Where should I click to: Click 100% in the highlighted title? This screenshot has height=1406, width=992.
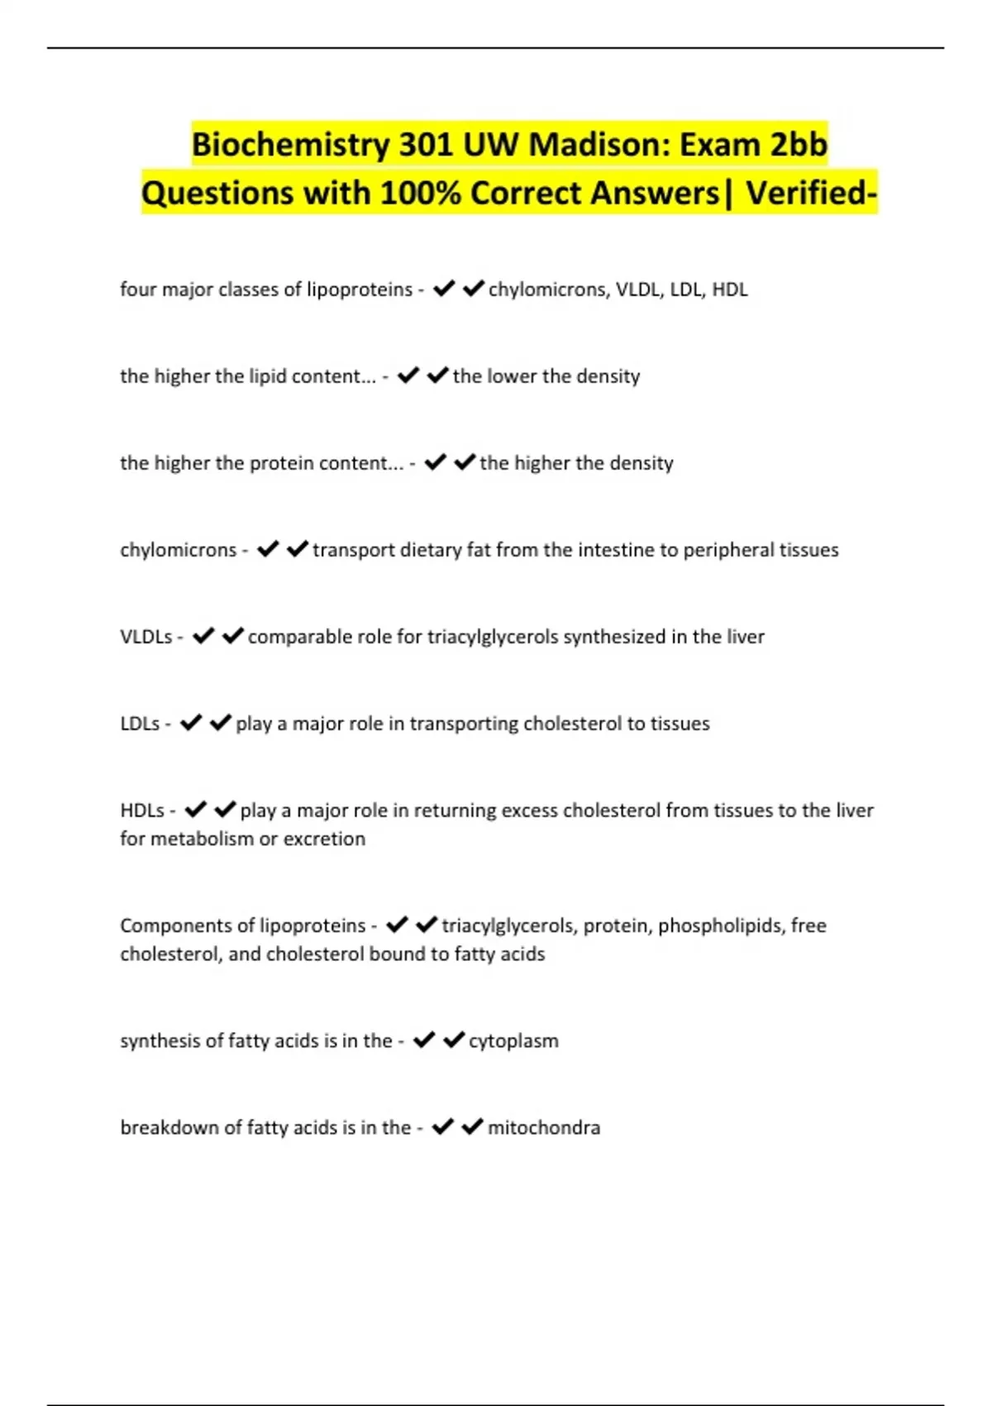(x=421, y=194)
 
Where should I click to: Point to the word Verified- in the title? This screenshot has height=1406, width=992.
(x=811, y=194)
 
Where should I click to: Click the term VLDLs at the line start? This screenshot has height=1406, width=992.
(x=146, y=637)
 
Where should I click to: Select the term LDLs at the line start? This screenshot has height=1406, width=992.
(x=140, y=724)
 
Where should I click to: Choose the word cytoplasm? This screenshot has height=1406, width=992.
(x=513, y=1040)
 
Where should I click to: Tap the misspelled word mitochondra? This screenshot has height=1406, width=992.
(x=544, y=1127)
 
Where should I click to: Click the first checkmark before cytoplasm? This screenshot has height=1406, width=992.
(x=424, y=1040)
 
